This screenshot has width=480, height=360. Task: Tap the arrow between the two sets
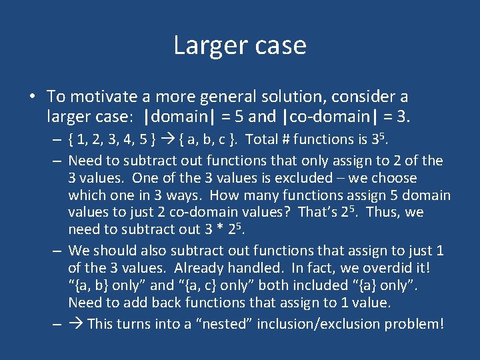(168, 140)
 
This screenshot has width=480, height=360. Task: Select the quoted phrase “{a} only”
(377, 286)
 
